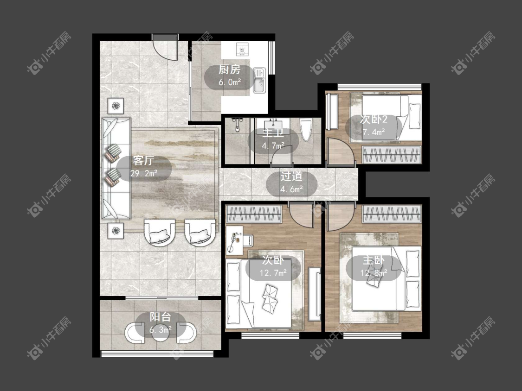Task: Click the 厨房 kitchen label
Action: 229,69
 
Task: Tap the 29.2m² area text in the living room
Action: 144,173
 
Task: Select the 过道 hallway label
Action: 291,176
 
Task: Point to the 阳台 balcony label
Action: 160,317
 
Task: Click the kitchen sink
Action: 259,80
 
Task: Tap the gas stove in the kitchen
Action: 242,49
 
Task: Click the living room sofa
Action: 116,168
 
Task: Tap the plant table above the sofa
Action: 116,106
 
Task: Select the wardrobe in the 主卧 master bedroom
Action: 392,214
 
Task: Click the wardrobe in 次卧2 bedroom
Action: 392,155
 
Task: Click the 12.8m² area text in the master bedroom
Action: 374,273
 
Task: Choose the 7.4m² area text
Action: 374,132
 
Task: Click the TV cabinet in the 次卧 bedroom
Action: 314,294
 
